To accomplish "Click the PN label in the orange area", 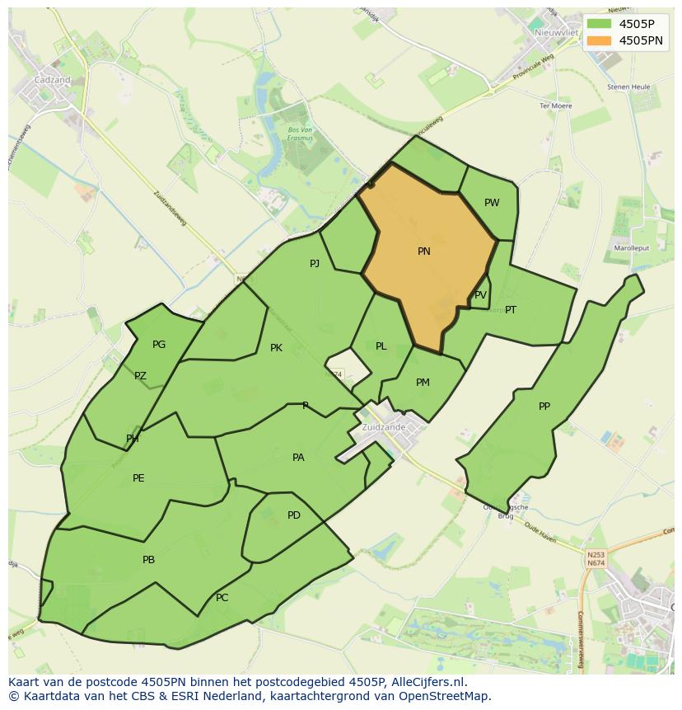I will pyautogui.click(x=424, y=252).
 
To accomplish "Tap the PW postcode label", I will pyautogui.click(x=492, y=203).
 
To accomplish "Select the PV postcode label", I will pyautogui.click(x=480, y=295).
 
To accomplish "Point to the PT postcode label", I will pyautogui.click(x=511, y=310).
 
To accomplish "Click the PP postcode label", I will pyautogui.click(x=544, y=407).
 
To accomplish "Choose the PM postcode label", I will pyautogui.click(x=423, y=383).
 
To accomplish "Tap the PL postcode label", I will pyautogui.click(x=381, y=346).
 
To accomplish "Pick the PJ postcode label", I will pyautogui.click(x=315, y=264).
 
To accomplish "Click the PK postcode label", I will pyautogui.click(x=276, y=348).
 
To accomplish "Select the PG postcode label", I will pyautogui.click(x=159, y=345).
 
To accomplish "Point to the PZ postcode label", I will pyautogui.click(x=140, y=376).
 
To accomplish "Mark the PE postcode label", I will pyautogui.click(x=138, y=478).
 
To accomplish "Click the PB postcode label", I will pyautogui.click(x=148, y=560).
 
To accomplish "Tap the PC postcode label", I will pyautogui.click(x=222, y=598).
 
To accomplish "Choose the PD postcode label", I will pyautogui.click(x=294, y=515).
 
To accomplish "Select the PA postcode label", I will pyautogui.click(x=298, y=458).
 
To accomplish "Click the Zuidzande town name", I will pyautogui.click(x=383, y=428).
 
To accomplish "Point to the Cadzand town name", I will pyautogui.click(x=52, y=80).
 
